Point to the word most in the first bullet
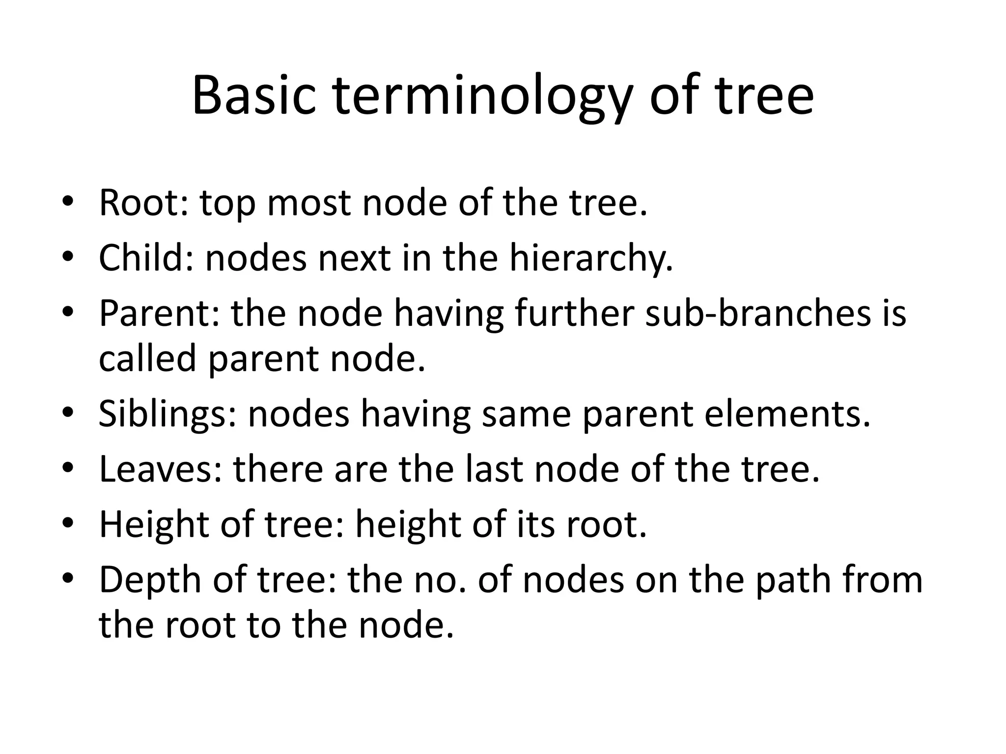point(309,203)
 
